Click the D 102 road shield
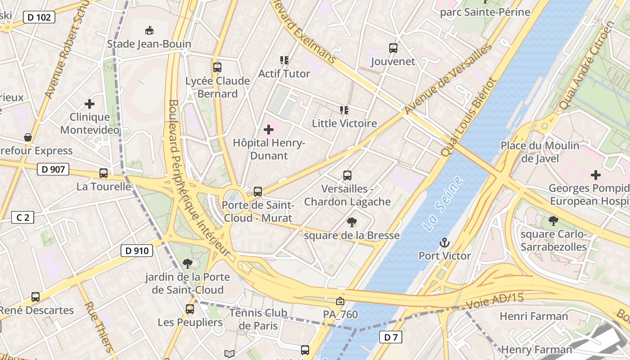click(x=39, y=17)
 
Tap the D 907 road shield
click(x=53, y=169)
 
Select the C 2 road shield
click(x=22, y=217)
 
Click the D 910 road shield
click(x=137, y=251)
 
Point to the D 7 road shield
click(x=391, y=337)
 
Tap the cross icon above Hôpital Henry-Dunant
click(x=269, y=130)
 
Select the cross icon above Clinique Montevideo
click(x=90, y=104)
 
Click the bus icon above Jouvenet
click(x=393, y=48)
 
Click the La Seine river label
click(x=443, y=204)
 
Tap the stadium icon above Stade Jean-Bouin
click(x=149, y=31)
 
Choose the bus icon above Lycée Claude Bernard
click(x=217, y=67)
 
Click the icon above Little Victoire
click(x=344, y=110)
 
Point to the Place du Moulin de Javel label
click(x=540, y=152)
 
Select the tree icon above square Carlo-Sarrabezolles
click(x=553, y=220)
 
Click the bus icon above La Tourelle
click(x=103, y=173)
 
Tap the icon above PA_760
click(x=340, y=301)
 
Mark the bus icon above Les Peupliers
click(x=190, y=309)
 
